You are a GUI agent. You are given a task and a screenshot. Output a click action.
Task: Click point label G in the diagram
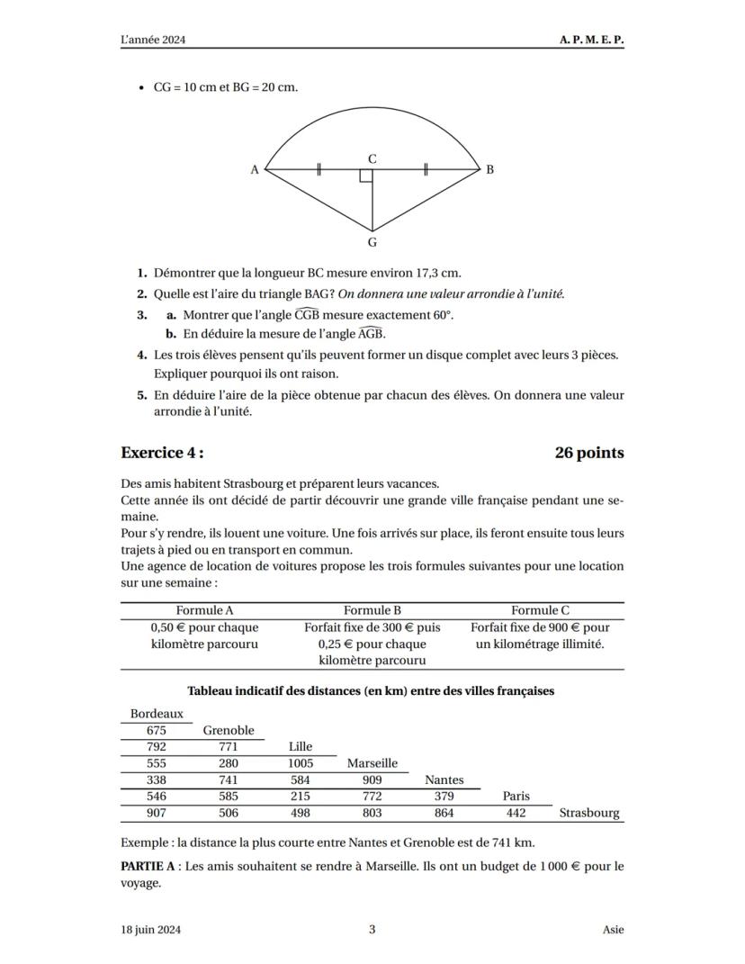[372, 242]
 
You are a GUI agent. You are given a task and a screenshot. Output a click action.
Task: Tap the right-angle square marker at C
[366, 175]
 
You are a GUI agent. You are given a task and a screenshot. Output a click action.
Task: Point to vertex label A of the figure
[255, 169]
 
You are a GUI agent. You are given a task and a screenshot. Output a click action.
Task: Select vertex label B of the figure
[489, 169]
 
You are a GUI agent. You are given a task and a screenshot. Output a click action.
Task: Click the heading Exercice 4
[168, 453]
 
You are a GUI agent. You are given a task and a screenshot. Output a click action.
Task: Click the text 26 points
[589, 453]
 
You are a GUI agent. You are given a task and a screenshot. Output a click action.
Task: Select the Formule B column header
[372, 610]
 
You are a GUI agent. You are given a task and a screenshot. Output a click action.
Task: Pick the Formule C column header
[540, 610]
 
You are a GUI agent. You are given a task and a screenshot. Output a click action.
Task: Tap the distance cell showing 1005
[301, 763]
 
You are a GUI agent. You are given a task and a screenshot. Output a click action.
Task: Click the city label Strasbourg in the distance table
[589, 813]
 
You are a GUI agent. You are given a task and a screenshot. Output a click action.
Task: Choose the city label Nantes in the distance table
[444, 779]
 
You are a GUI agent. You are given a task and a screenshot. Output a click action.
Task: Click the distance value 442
[516, 813]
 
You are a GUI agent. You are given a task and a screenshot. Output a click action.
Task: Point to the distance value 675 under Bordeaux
[157, 730]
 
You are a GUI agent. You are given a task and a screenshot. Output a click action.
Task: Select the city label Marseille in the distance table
[372, 763]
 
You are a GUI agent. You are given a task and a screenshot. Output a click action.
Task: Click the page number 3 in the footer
[372, 930]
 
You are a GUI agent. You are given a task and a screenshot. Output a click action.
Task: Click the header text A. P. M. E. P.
[591, 41]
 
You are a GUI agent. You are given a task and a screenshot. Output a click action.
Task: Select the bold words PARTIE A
[150, 866]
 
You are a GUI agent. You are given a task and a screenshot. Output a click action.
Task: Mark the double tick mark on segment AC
[319, 169]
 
